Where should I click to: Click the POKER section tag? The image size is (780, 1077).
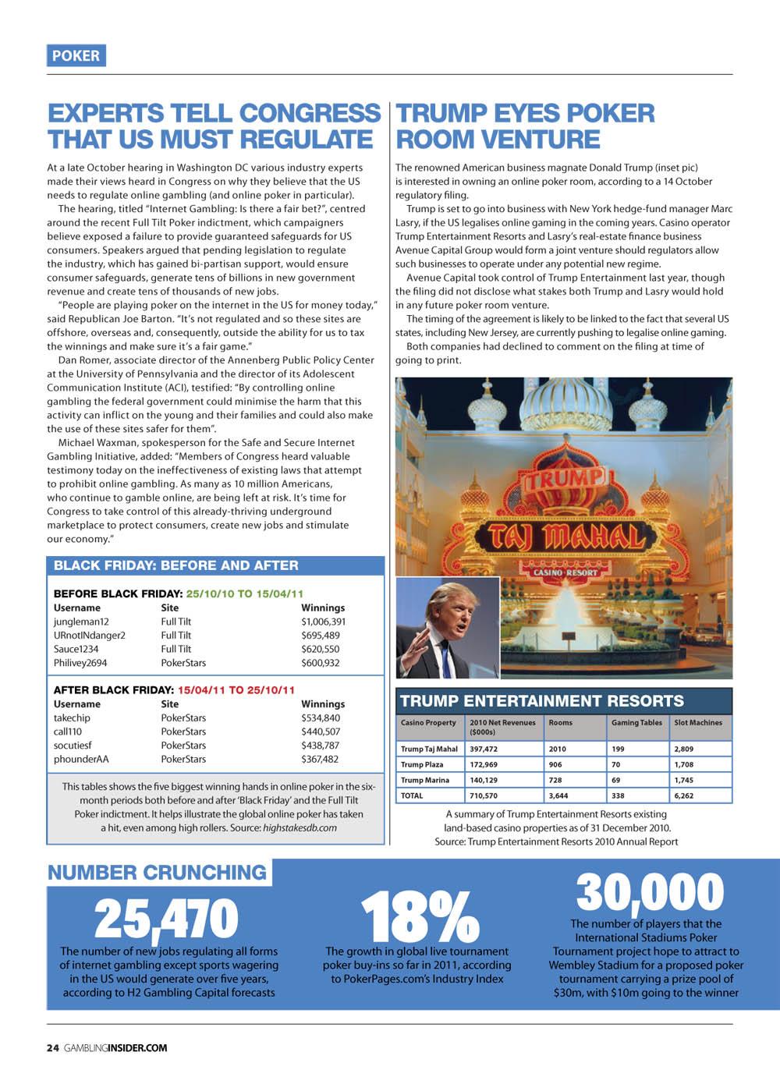(x=76, y=55)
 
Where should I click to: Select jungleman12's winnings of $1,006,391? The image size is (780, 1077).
(x=323, y=622)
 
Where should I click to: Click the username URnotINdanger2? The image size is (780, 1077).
(x=89, y=635)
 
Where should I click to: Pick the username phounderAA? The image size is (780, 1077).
(x=81, y=759)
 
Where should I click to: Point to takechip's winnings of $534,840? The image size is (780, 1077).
(x=321, y=717)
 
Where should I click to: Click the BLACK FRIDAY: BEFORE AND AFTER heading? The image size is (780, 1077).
(x=175, y=565)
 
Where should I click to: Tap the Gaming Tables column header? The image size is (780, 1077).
(x=636, y=723)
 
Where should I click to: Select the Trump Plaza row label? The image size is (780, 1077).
(x=422, y=764)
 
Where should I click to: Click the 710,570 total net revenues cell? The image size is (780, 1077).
(x=484, y=795)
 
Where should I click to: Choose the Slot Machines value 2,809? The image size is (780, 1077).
(x=683, y=749)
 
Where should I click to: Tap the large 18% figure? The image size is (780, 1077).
(x=419, y=918)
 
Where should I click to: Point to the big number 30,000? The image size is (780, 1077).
(x=650, y=892)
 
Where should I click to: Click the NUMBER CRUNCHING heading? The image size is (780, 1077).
(x=157, y=872)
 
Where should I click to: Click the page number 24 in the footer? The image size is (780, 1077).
(x=52, y=1047)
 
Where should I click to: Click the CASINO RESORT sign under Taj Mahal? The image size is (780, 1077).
(x=565, y=572)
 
